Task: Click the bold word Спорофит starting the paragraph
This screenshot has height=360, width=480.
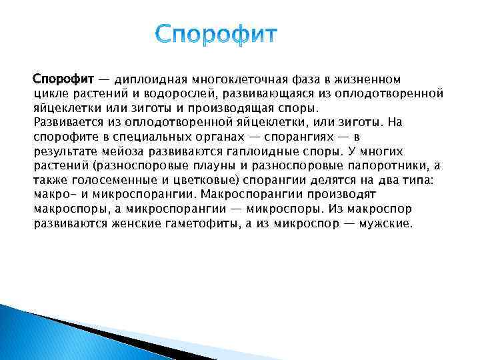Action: tap(64, 80)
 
